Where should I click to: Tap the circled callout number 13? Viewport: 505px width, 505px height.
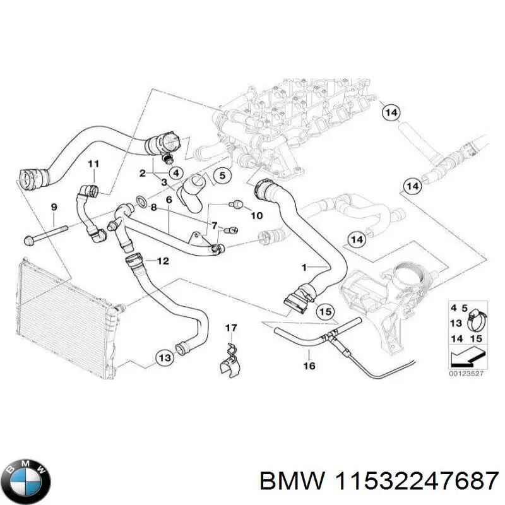(x=164, y=358)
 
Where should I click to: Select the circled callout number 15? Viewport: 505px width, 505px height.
(x=324, y=311)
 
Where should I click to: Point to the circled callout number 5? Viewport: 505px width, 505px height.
(x=222, y=175)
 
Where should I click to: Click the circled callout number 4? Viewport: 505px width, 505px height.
(x=175, y=172)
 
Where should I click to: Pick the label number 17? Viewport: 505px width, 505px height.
(x=231, y=328)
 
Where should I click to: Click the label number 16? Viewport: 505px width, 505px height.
(x=309, y=365)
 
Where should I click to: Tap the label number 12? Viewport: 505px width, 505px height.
(x=162, y=260)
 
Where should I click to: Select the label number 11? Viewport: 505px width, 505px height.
(x=93, y=165)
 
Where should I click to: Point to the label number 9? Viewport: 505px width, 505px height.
(x=53, y=207)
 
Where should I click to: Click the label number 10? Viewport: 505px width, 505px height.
(x=256, y=215)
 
